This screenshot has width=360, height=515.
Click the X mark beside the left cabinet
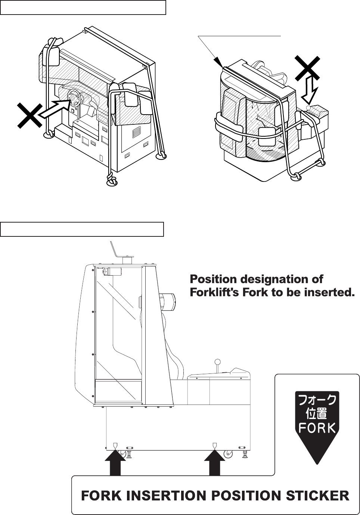(29, 115)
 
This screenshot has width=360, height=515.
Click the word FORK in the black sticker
(317, 428)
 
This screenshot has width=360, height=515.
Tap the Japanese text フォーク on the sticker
(317, 401)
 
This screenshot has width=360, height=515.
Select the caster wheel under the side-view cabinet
(227, 454)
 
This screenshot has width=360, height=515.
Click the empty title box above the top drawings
(83, 7)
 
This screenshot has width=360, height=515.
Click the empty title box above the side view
(82, 229)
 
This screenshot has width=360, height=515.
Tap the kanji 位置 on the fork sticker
(317, 414)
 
